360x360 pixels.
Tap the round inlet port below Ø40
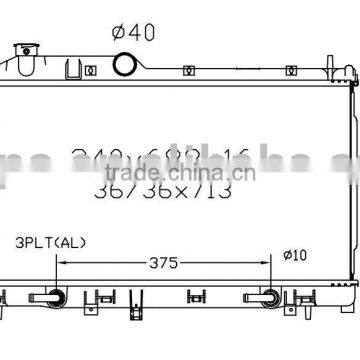point(125,64)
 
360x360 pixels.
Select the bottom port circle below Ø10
point(269,297)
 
